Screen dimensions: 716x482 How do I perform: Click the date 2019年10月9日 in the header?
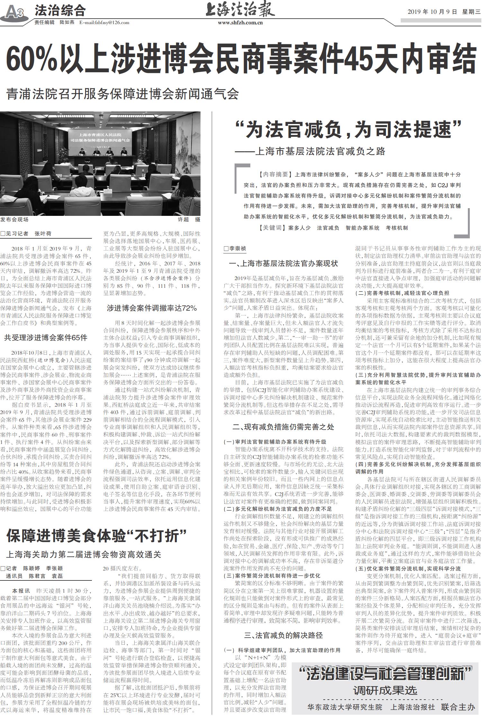[432, 12]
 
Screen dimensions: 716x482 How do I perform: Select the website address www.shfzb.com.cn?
[240, 23]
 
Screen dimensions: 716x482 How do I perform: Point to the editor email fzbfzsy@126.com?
[104, 22]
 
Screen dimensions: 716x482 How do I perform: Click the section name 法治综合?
[60, 11]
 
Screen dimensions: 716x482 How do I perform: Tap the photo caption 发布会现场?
[14, 219]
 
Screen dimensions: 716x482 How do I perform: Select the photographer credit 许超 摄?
[189, 219]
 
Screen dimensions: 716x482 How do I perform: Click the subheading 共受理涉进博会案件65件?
[46, 338]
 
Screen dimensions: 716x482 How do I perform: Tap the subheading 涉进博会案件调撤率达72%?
[152, 308]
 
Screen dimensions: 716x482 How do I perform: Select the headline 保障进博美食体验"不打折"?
[96, 536]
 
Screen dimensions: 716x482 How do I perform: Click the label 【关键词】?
[272, 228]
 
